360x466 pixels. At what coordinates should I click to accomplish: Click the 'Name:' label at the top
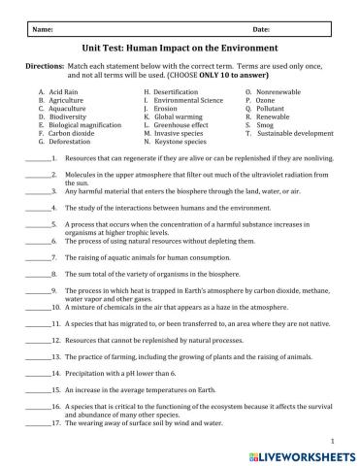pos(44,30)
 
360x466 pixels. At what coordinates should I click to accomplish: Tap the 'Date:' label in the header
pos(234,30)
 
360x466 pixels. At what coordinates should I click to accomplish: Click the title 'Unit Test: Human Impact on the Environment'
pos(180,48)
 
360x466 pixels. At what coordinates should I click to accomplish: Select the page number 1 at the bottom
pos(333,439)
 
